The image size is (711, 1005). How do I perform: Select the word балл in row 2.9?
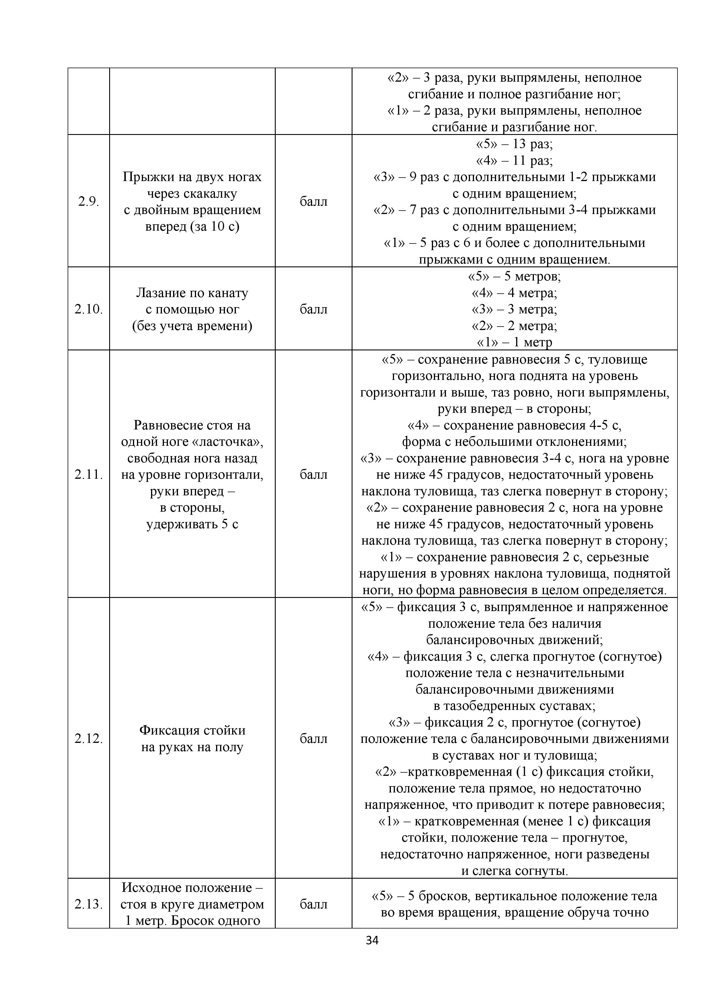tap(314, 202)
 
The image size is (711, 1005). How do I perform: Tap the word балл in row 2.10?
tap(314, 309)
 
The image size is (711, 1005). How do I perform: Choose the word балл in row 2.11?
tap(314, 475)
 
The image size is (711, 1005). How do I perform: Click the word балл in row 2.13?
tap(314, 904)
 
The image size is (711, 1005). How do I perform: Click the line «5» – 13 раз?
tap(514, 144)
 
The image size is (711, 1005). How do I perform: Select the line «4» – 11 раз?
tap(514, 161)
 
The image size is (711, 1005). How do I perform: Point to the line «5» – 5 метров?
tap(514, 277)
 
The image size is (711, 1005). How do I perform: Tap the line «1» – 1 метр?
tap(514, 342)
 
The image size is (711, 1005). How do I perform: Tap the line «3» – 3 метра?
tap(514, 309)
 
